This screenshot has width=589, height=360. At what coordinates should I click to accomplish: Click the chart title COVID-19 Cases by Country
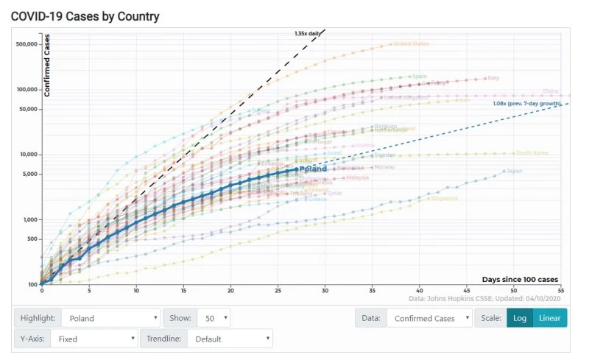[x=85, y=16]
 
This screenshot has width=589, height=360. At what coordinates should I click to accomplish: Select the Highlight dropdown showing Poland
[x=110, y=319]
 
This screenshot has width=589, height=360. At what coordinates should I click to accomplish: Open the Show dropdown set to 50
[x=214, y=319]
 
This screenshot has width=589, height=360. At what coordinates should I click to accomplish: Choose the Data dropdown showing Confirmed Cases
[x=431, y=319]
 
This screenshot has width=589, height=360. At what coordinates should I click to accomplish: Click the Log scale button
[x=519, y=319]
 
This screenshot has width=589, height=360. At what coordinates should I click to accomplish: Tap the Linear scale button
[x=549, y=319]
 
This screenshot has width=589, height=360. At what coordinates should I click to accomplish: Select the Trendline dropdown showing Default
[x=230, y=339]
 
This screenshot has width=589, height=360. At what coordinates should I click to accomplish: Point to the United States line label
[x=411, y=43]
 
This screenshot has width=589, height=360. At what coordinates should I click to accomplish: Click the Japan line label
[x=515, y=171]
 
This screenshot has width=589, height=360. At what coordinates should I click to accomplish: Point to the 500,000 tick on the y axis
[x=26, y=44]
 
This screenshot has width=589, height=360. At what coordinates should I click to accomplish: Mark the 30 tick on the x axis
[x=325, y=291]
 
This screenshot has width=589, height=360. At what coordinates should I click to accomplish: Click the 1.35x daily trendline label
[x=308, y=33]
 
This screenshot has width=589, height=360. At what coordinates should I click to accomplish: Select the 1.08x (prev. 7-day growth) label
[x=526, y=104]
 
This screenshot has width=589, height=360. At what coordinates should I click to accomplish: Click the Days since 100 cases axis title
[x=520, y=279]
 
